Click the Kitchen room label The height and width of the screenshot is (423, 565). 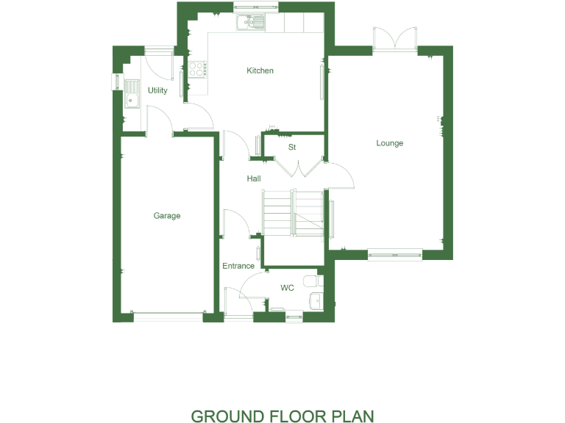click(x=260, y=70)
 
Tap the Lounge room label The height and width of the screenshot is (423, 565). click(x=389, y=143)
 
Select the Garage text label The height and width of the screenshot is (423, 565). click(x=167, y=216)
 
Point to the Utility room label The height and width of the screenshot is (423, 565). click(x=157, y=90)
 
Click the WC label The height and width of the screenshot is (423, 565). click(x=287, y=288)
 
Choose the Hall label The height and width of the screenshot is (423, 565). click(x=254, y=178)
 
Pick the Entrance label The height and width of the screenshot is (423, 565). click(x=238, y=266)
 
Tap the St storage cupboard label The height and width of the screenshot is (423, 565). click(x=292, y=148)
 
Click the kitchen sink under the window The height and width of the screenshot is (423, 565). click(x=251, y=23)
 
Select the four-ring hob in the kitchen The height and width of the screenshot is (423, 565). click(x=196, y=69)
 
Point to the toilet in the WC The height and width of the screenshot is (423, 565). click(x=313, y=281)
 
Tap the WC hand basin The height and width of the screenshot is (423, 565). click(x=316, y=300)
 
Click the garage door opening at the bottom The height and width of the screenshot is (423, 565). click(x=168, y=316)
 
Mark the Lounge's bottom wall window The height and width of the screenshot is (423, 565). click(x=394, y=256)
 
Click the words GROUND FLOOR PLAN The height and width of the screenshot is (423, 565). click(x=282, y=416)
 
